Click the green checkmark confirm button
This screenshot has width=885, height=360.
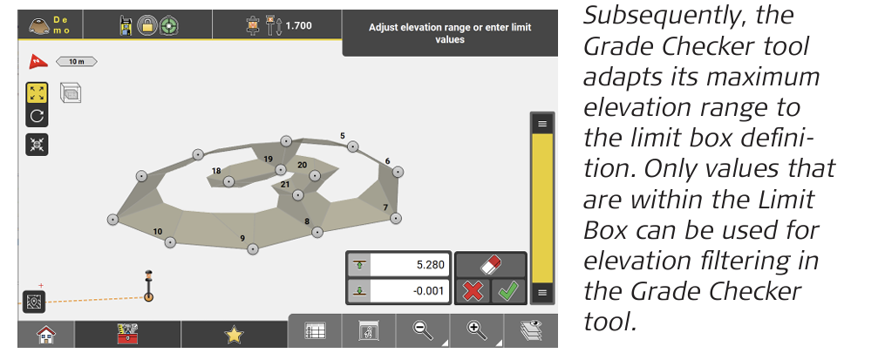tap(509, 292)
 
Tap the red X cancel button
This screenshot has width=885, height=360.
tap(473, 292)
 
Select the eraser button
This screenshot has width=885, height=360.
tap(491, 265)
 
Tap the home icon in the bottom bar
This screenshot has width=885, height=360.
tap(46, 335)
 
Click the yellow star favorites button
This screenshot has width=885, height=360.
tap(234, 336)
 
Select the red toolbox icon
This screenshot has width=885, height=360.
tap(127, 335)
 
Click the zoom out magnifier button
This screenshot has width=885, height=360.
tap(423, 330)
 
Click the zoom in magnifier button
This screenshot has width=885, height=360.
tap(477, 330)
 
